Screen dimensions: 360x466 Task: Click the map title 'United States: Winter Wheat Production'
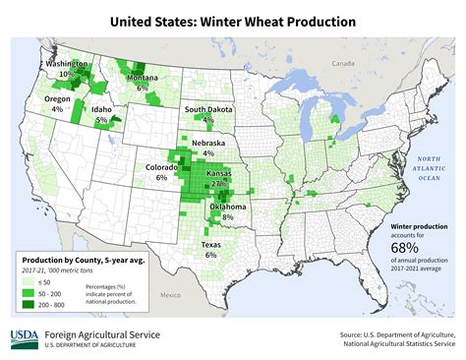[x=232, y=20]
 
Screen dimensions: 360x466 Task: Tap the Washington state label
[x=66, y=64]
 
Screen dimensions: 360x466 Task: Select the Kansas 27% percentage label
[x=219, y=184]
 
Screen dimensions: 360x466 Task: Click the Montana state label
[x=143, y=78]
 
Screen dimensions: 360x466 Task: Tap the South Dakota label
[x=207, y=109]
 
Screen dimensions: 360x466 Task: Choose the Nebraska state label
[x=207, y=142]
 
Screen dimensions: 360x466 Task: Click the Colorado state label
[x=161, y=167]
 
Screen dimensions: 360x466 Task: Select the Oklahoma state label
[x=227, y=208]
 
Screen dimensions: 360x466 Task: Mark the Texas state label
[x=210, y=244]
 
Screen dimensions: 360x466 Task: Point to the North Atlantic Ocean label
[x=429, y=168]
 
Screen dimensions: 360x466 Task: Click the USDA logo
[x=25, y=338]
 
